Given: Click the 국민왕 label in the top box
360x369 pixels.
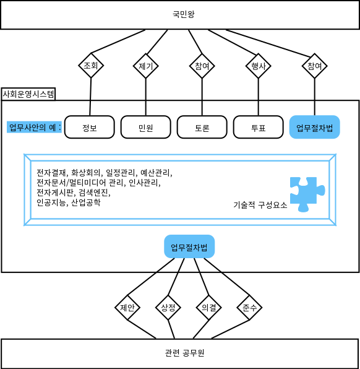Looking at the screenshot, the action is tap(184, 14).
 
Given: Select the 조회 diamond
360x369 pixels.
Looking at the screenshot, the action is tap(91, 65).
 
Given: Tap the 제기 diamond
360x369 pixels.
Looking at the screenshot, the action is tap(146, 66).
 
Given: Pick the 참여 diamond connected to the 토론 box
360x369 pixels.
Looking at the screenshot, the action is tap(202, 66).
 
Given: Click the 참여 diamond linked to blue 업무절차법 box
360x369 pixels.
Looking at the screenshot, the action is tap(315, 66).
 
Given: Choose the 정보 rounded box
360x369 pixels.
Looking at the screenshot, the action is tap(90, 127).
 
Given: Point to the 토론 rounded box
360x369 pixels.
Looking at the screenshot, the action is tap(202, 127).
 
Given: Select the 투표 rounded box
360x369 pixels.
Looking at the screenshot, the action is tap(259, 127).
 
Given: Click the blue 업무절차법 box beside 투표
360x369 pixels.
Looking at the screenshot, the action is tap(315, 127).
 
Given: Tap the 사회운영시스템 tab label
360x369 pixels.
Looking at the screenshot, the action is tap(28, 94).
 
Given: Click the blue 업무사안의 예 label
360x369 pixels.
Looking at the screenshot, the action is tap(34, 128).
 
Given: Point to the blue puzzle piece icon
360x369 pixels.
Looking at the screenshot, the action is tap(307, 194).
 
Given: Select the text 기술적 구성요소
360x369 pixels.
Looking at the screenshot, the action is tap(260, 205).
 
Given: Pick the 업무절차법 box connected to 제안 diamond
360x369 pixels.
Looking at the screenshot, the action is tap(189, 246).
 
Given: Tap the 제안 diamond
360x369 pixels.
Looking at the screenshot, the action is tap(127, 307).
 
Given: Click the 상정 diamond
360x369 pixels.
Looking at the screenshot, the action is tap(168, 307).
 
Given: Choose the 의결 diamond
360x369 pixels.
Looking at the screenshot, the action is tap(209, 307).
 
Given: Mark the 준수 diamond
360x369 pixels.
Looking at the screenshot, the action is tap(249, 307).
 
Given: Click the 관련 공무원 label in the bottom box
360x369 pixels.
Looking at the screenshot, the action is tap(184, 353).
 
